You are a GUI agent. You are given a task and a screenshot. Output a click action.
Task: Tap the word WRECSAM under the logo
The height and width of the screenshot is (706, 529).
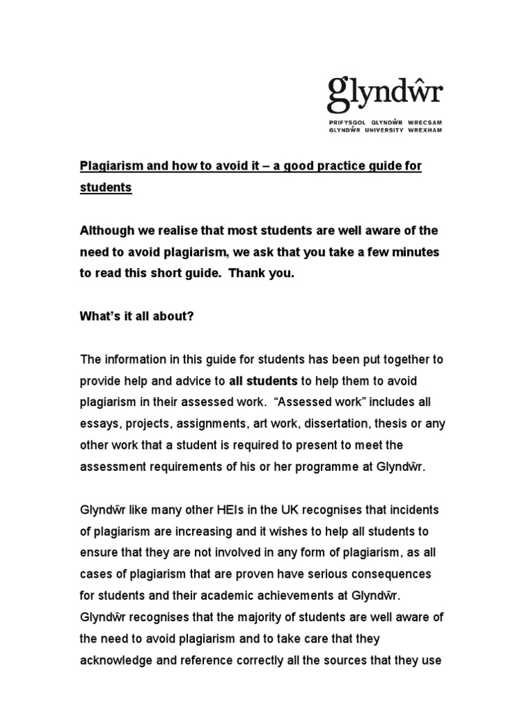coord(423,121)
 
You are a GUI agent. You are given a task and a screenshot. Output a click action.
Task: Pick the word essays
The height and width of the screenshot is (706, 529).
coord(98,423)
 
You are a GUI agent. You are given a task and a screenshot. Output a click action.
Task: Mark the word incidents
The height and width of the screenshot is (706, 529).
coord(414,510)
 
